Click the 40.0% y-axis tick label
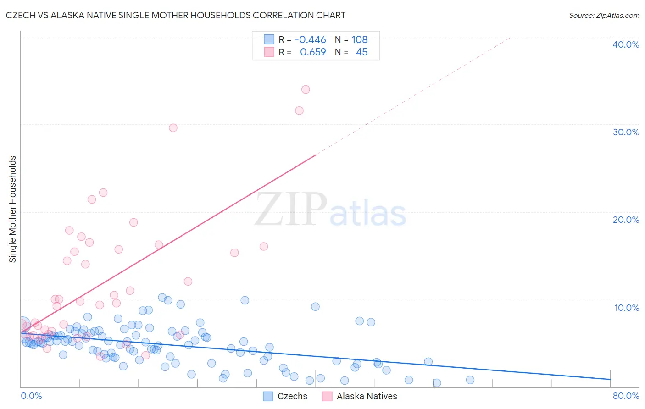pos(626,44)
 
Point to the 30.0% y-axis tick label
pos(626,132)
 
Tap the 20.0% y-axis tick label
pos(626,220)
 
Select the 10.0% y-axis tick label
pos(626,308)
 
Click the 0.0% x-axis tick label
pos(31,396)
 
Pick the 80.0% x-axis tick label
pos(626,396)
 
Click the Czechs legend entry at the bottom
pos(292,396)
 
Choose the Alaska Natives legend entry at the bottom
pos(367,396)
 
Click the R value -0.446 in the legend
pos(310,40)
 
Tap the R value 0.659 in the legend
pos(313,52)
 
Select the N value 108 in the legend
pos(360,40)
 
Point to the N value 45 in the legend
pos(361,52)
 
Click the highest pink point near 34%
pos(306,89)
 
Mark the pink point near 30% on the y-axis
pos(173,128)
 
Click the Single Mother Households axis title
pos(13,209)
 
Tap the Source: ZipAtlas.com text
pos(604,16)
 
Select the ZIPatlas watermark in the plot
pos(330,210)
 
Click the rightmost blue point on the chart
pos(470,380)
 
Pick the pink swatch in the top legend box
pos(269,52)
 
